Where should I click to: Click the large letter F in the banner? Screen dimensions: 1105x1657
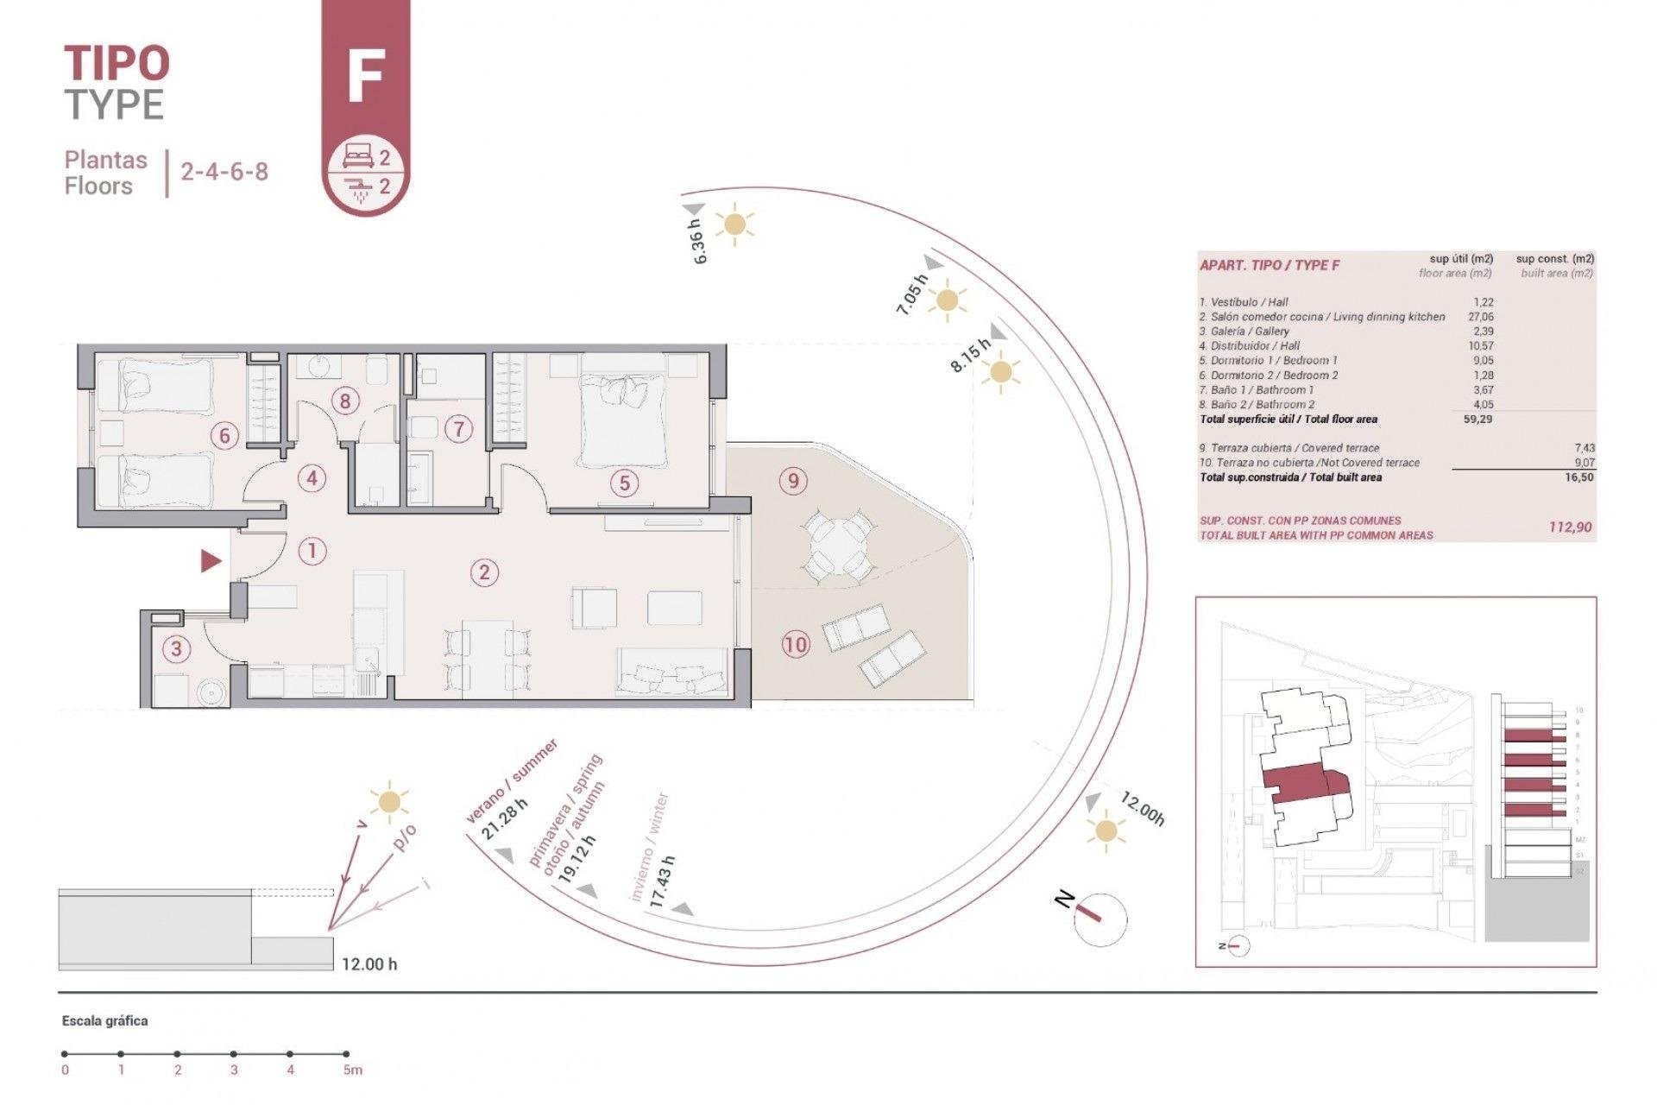365,76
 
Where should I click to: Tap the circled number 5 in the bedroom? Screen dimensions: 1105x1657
625,483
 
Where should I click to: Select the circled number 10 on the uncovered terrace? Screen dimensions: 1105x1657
795,644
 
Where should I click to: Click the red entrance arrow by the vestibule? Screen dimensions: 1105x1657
211,561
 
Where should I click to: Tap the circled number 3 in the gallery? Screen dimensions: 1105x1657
177,648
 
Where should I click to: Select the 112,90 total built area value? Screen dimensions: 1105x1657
1570,527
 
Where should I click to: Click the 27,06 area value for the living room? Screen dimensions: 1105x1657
1481,317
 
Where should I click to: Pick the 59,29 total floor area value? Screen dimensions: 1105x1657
1477,420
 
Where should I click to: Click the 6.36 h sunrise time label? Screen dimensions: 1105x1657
699,242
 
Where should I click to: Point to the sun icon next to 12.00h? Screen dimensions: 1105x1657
1106,831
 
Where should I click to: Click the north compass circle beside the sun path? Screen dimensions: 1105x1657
1100,920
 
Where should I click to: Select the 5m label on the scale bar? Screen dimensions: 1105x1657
352,1070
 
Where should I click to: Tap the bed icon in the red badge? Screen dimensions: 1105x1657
357,156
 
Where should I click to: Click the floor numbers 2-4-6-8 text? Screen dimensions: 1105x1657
224,172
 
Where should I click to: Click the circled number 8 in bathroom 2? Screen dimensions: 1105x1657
345,401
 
